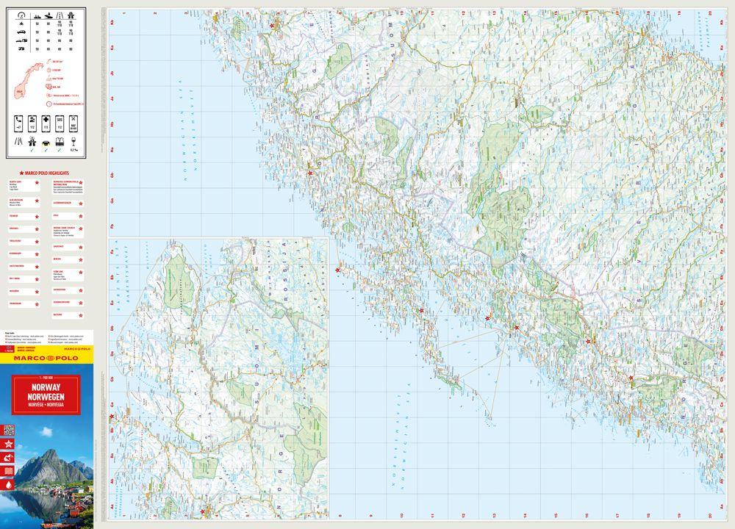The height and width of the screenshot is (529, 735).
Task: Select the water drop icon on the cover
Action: click(x=8, y=484)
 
